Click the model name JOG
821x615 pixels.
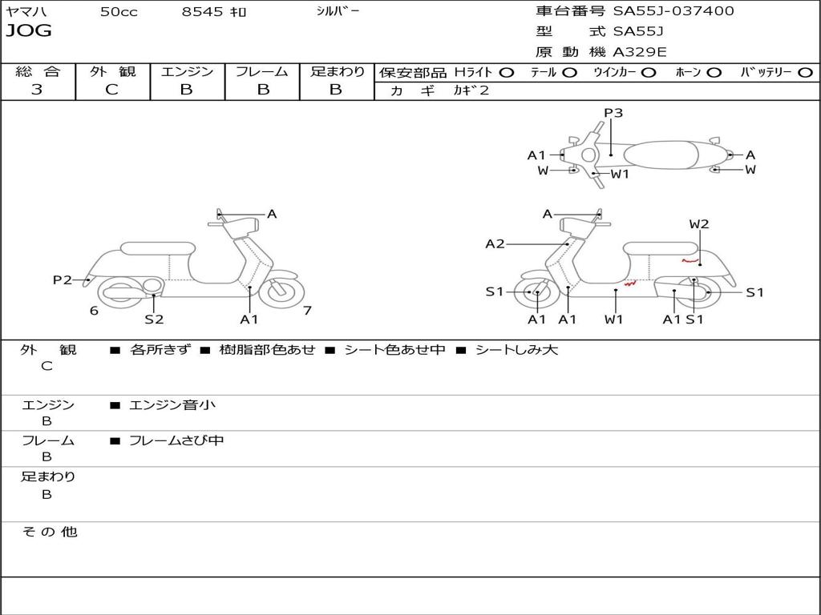[29, 31]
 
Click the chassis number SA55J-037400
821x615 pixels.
[673, 11]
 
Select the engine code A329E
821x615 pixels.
[640, 52]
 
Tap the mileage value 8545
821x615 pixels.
[202, 11]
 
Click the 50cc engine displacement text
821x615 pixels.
[119, 11]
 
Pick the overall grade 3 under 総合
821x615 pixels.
[37, 90]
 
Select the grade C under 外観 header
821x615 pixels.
[111, 90]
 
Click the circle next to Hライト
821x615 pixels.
[507, 73]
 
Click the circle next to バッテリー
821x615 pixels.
[806, 73]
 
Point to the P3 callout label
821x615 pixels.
[613, 113]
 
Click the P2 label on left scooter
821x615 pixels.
[63, 280]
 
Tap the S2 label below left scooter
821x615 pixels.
[154, 319]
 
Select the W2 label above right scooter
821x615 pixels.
[699, 224]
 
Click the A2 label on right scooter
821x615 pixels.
[495, 244]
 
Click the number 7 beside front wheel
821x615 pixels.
[307, 311]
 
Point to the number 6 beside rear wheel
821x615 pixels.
[94, 311]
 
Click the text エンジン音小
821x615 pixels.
[172, 404]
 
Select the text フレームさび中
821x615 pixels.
[176, 441]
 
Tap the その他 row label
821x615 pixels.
[49, 532]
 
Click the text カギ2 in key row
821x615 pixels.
[471, 90]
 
